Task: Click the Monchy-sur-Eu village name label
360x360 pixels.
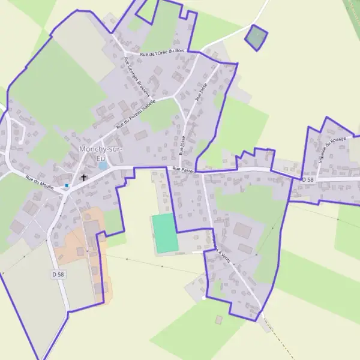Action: click(x=98, y=152)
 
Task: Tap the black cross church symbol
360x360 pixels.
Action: click(x=83, y=178)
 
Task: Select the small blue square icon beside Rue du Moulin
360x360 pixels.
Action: click(x=67, y=185)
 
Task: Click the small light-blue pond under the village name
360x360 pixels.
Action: click(x=103, y=164)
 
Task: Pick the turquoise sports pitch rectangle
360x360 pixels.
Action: click(x=164, y=233)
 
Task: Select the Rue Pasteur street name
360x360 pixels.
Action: click(x=184, y=170)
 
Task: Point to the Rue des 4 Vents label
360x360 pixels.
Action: click(x=220, y=245)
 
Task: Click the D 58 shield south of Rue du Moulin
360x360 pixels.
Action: click(x=57, y=274)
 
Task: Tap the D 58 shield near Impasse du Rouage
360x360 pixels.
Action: click(x=307, y=179)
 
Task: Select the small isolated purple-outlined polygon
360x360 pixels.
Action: click(x=256, y=37)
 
